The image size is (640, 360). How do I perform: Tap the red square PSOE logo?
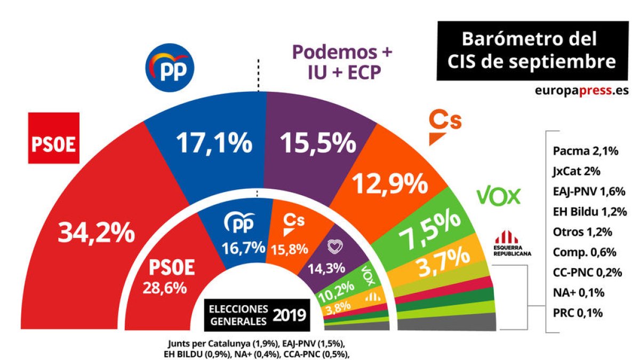click(x=54, y=138)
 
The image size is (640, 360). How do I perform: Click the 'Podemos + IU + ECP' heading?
click(x=342, y=62)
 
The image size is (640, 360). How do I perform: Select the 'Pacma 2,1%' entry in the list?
click(x=585, y=152)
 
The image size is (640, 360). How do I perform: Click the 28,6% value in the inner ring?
click(x=164, y=288)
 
